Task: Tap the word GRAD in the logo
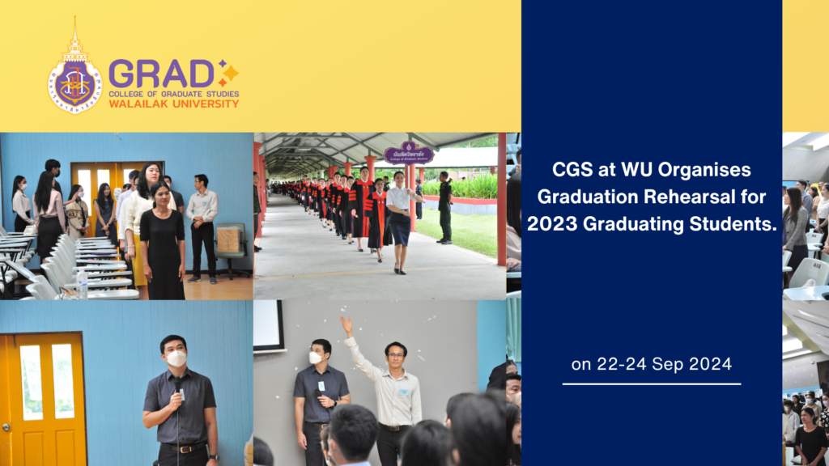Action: point(162,74)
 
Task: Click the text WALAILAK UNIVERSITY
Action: point(173,104)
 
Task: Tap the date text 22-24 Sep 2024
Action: point(651,364)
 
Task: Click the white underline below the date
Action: point(651,383)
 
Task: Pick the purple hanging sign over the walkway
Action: point(408,153)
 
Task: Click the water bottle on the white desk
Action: point(82,284)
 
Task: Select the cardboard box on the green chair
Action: point(229,239)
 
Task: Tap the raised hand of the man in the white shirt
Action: point(346,324)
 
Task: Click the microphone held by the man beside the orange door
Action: point(177,386)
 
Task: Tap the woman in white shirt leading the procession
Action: point(400,218)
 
